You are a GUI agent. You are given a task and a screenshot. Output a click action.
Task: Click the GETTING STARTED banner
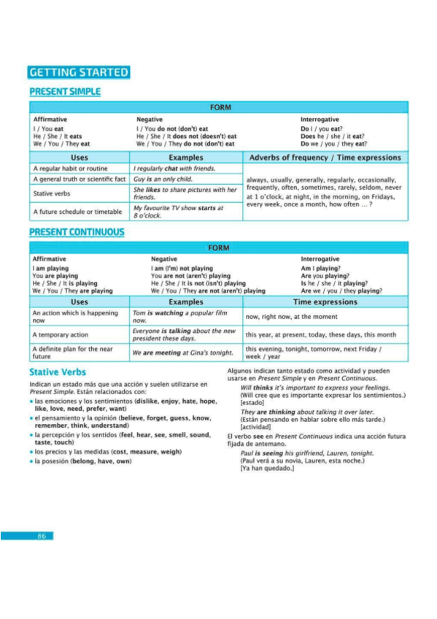(79, 72)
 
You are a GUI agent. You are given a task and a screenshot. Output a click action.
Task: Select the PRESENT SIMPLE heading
(65, 92)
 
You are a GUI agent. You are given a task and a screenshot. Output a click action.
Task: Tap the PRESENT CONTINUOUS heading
(77, 232)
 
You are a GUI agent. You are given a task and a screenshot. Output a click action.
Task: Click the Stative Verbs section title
(58, 372)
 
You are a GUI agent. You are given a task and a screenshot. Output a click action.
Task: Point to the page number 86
(42, 536)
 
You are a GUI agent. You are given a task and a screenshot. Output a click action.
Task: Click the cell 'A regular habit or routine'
(70, 169)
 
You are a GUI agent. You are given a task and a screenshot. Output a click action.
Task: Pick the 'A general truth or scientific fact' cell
(80, 179)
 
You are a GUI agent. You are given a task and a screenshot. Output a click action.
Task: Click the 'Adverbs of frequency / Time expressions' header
(325, 158)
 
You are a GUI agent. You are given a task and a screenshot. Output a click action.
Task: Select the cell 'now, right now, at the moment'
(291, 317)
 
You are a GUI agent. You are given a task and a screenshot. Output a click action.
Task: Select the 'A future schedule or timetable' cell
(78, 212)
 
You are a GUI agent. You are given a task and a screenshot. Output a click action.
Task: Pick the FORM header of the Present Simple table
(220, 107)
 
